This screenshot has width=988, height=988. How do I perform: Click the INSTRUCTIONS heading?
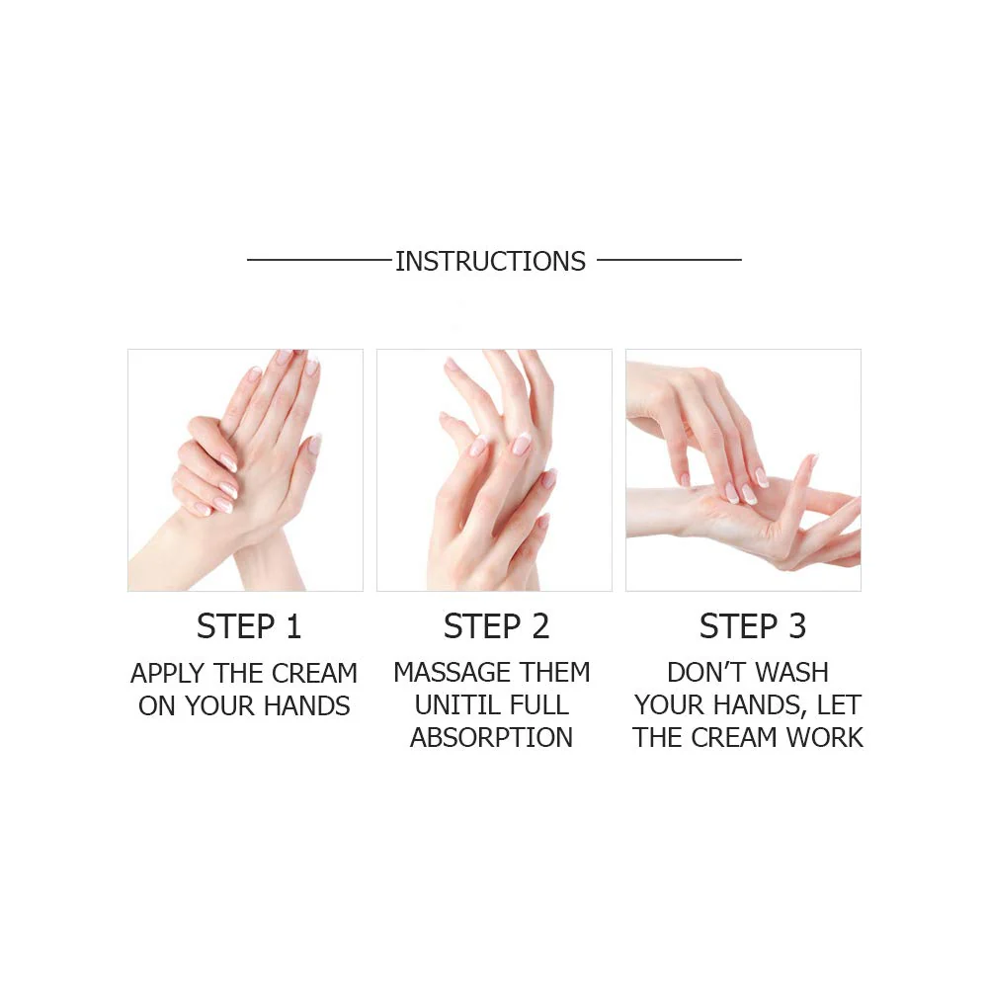pos(490,262)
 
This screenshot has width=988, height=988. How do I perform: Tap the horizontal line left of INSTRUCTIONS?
pos(318,260)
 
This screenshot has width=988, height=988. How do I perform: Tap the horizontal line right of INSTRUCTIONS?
pos(669,260)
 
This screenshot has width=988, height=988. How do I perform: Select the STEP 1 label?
pos(248,627)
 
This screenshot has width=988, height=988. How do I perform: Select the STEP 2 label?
pos(496,627)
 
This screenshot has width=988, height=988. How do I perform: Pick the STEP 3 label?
pos(752,627)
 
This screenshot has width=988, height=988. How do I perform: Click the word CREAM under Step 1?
pos(313,674)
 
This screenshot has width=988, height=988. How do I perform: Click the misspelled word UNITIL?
pos(458,705)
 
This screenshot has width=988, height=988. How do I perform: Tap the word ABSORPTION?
pos(491,738)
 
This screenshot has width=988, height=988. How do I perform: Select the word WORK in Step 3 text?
pos(825,738)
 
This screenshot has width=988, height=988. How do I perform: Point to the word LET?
pos(839,705)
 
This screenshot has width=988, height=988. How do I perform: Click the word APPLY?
pos(166,674)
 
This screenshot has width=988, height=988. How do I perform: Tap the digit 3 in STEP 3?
pos(795,627)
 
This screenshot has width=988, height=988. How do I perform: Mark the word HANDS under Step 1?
pos(305,706)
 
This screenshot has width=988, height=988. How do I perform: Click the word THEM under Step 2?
pos(555,673)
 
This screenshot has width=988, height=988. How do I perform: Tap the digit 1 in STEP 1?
pos(292,627)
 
